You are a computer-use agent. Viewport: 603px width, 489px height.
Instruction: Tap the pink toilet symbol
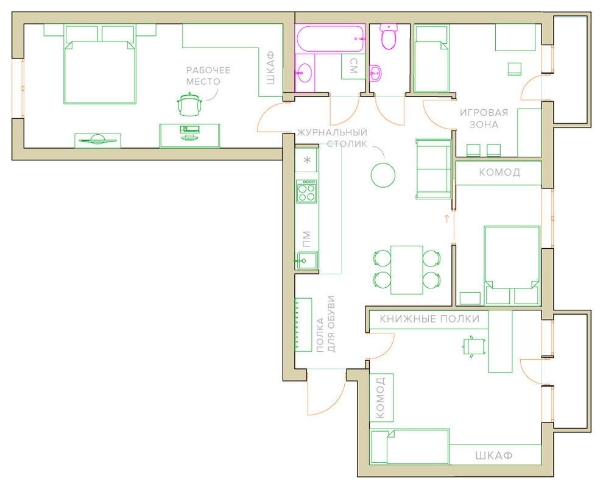coord(389,37)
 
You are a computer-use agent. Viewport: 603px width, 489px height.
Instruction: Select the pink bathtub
coord(330,38)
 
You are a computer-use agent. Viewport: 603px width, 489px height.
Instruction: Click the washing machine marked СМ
coord(353,66)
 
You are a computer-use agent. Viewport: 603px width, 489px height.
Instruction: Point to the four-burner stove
coord(306,191)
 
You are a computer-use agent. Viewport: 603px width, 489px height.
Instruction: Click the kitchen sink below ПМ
coord(306,261)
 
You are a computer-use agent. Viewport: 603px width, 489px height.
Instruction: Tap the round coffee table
coord(383,175)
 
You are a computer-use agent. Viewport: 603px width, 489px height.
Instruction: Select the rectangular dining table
coord(407,270)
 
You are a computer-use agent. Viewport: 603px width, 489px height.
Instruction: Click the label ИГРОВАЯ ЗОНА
coord(484,119)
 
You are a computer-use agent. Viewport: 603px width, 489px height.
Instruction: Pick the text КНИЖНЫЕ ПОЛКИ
coord(429,319)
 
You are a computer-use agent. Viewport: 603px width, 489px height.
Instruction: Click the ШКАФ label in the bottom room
coord(494,455)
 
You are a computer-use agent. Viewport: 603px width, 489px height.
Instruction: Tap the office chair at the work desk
coord(189,104)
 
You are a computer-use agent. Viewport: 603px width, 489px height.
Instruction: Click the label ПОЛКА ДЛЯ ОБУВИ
coord(325,324)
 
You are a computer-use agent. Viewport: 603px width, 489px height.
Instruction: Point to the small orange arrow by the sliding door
coord(447,219)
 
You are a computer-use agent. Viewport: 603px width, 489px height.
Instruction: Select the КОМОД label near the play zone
coord(499,172)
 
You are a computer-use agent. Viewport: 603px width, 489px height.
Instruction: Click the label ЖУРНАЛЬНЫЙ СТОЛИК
coord(332,138)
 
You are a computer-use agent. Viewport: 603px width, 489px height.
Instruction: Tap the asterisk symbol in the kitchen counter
coord(307,160)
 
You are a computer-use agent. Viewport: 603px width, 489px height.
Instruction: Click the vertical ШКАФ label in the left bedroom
coord(270,68)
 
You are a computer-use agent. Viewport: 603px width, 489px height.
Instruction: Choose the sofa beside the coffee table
coord(434,170)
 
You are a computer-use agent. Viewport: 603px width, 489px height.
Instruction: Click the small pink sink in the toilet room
coord(375,72)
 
